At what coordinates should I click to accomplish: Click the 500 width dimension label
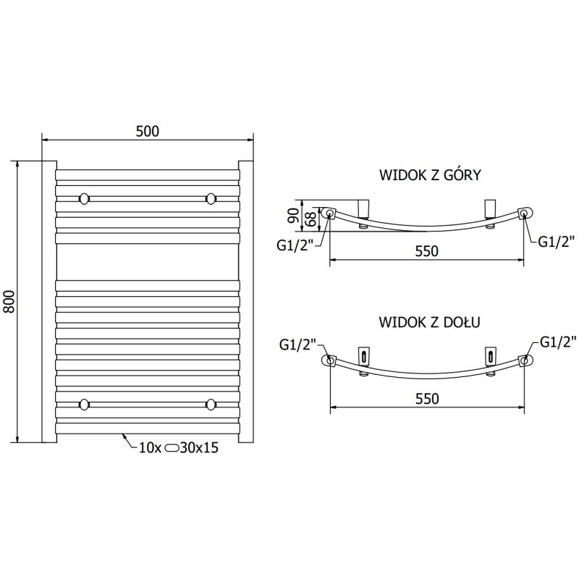coord(147,130)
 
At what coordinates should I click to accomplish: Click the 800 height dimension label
coord(9,301)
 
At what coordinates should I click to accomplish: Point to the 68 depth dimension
coord(309,216)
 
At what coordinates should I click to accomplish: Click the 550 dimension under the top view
coord(427,251)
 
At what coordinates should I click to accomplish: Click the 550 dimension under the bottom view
coord(427,399)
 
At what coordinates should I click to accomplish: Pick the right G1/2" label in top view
coord(556,242)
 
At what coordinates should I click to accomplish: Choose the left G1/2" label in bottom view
coord(297,345)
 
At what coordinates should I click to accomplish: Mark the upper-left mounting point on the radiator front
coord(85,198)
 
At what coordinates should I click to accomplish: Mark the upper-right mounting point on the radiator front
coord(211,198)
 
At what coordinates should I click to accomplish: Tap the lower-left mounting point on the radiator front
coord(85,404)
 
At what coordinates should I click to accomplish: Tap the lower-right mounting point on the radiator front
coord(211,404)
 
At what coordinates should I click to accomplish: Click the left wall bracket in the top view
coord(364,211)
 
